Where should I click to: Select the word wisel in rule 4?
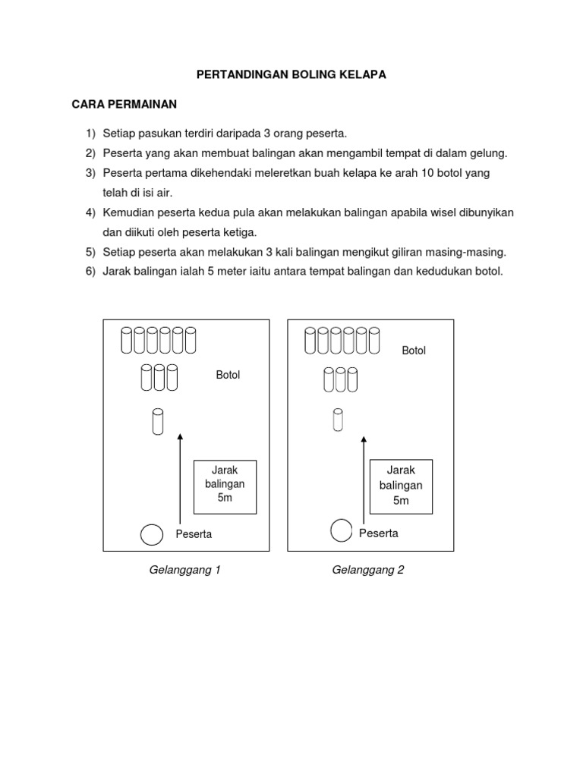449,212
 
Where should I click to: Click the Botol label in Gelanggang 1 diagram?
228,375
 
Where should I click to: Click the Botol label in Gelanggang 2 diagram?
414,351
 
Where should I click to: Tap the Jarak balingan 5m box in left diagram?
225,486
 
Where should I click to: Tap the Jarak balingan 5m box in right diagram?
401,486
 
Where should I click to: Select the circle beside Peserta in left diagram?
151,534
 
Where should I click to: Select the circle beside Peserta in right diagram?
342,530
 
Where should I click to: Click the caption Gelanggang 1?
185,570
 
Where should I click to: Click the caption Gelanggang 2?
368,570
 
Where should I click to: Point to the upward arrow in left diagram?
180,478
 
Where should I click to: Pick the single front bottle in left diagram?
158,422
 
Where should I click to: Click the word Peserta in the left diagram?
194,534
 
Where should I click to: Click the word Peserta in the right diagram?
379,533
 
